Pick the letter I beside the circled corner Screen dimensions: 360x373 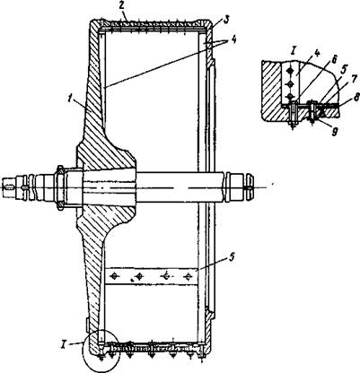click(x=74, y=343)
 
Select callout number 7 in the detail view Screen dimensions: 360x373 click(x=355, y=79)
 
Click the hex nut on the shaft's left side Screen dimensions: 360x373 click(x=60, y=187)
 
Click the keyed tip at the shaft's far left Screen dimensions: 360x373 click(x=8, y=187)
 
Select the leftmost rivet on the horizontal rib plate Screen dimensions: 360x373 click(x=114, y=276)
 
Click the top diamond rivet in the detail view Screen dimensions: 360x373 click(x=289, y=71)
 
